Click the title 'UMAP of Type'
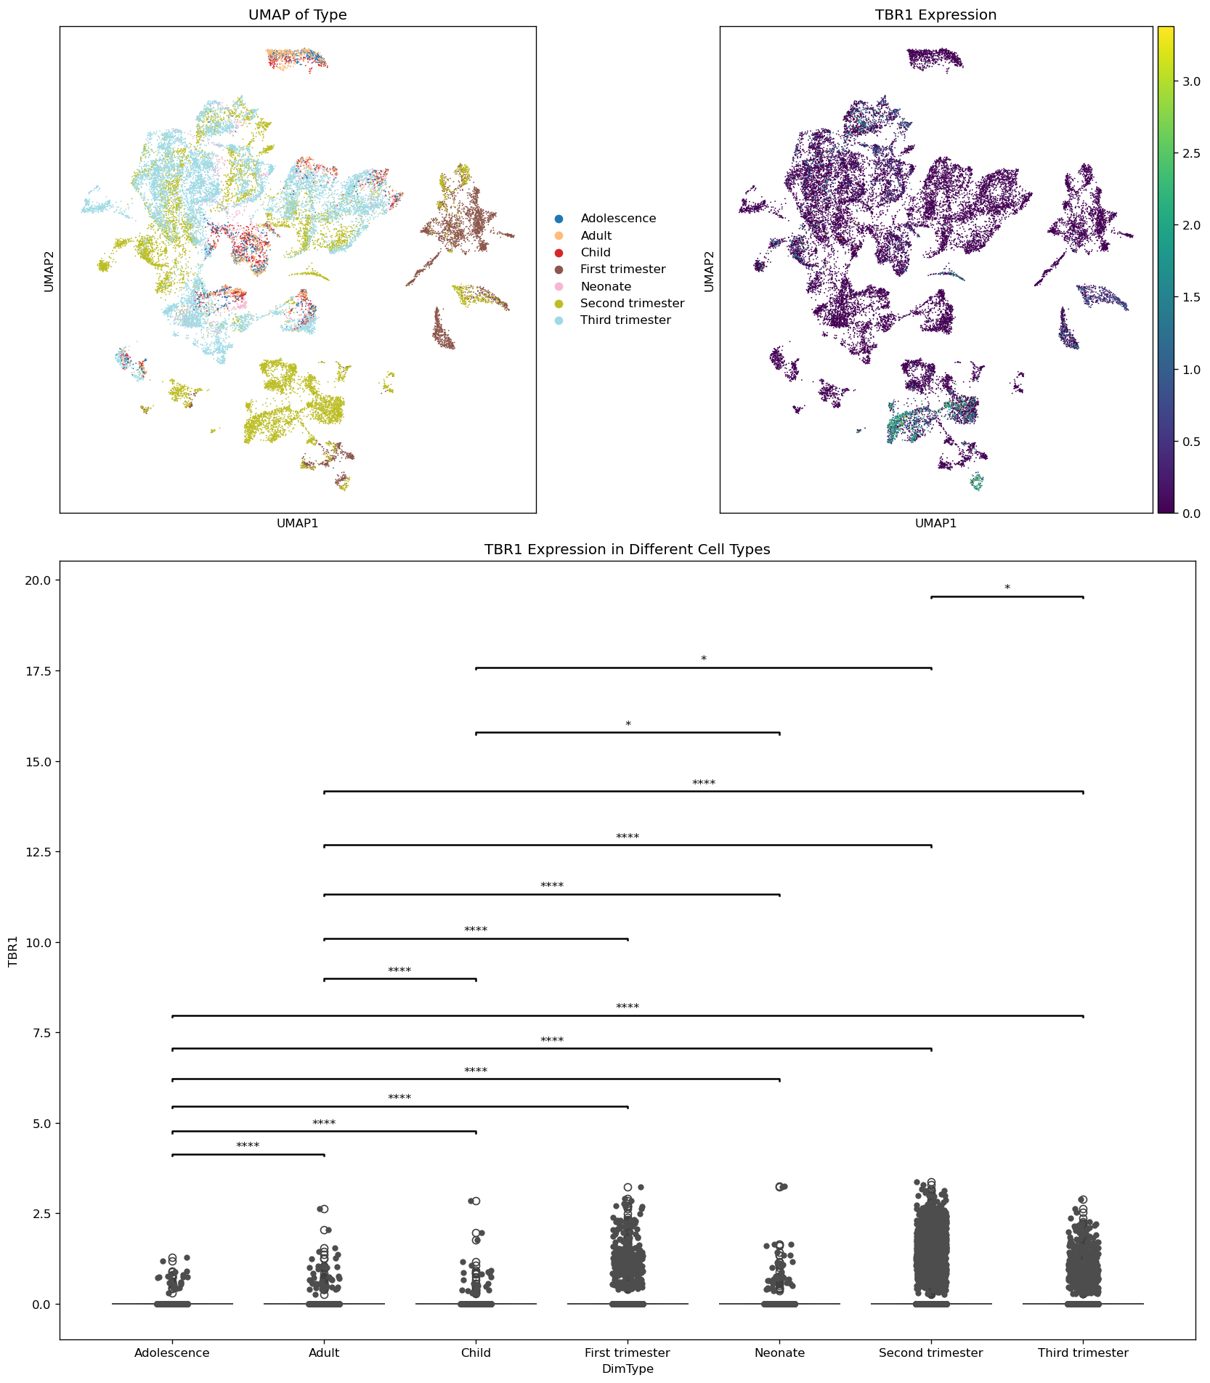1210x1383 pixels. coord(297,15)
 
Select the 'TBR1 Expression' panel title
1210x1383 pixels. coord(935,15)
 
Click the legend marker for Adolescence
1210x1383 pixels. coord(559,219)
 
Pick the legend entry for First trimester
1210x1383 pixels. coord(622,269)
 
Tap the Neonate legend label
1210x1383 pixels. coord(606,287)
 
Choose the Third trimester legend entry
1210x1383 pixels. coord(625,320)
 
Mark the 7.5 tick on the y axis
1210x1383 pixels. coord(39,1033)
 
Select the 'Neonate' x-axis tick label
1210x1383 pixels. coord(779,1353)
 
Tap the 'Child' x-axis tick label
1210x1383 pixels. coord(476,1353)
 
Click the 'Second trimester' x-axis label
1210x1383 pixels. coord(930,1353)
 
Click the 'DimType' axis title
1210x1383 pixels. coord(628,1369)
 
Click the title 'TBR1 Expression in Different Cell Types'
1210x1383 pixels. coord(627,550)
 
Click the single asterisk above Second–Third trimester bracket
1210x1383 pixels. coord(1007,588)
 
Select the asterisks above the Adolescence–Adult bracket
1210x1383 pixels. coord(248,1146)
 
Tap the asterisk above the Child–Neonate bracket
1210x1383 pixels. coord(628,725)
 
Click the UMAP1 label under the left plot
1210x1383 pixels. coord(297,523)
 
